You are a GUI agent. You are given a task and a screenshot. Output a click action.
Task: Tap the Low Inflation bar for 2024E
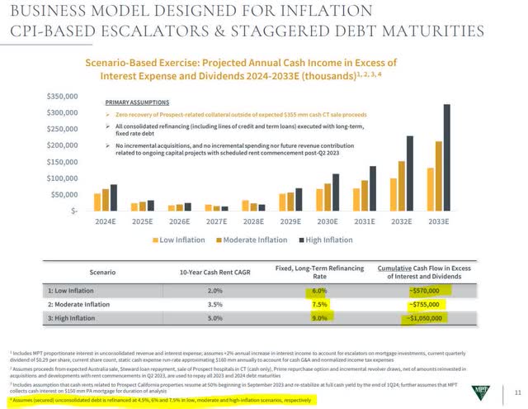point(97,202)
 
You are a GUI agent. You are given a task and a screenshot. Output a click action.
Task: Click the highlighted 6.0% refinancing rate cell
point(319,290)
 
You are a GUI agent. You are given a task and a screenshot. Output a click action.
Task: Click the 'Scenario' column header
point(105,271)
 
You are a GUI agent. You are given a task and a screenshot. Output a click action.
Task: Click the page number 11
point(516,390)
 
